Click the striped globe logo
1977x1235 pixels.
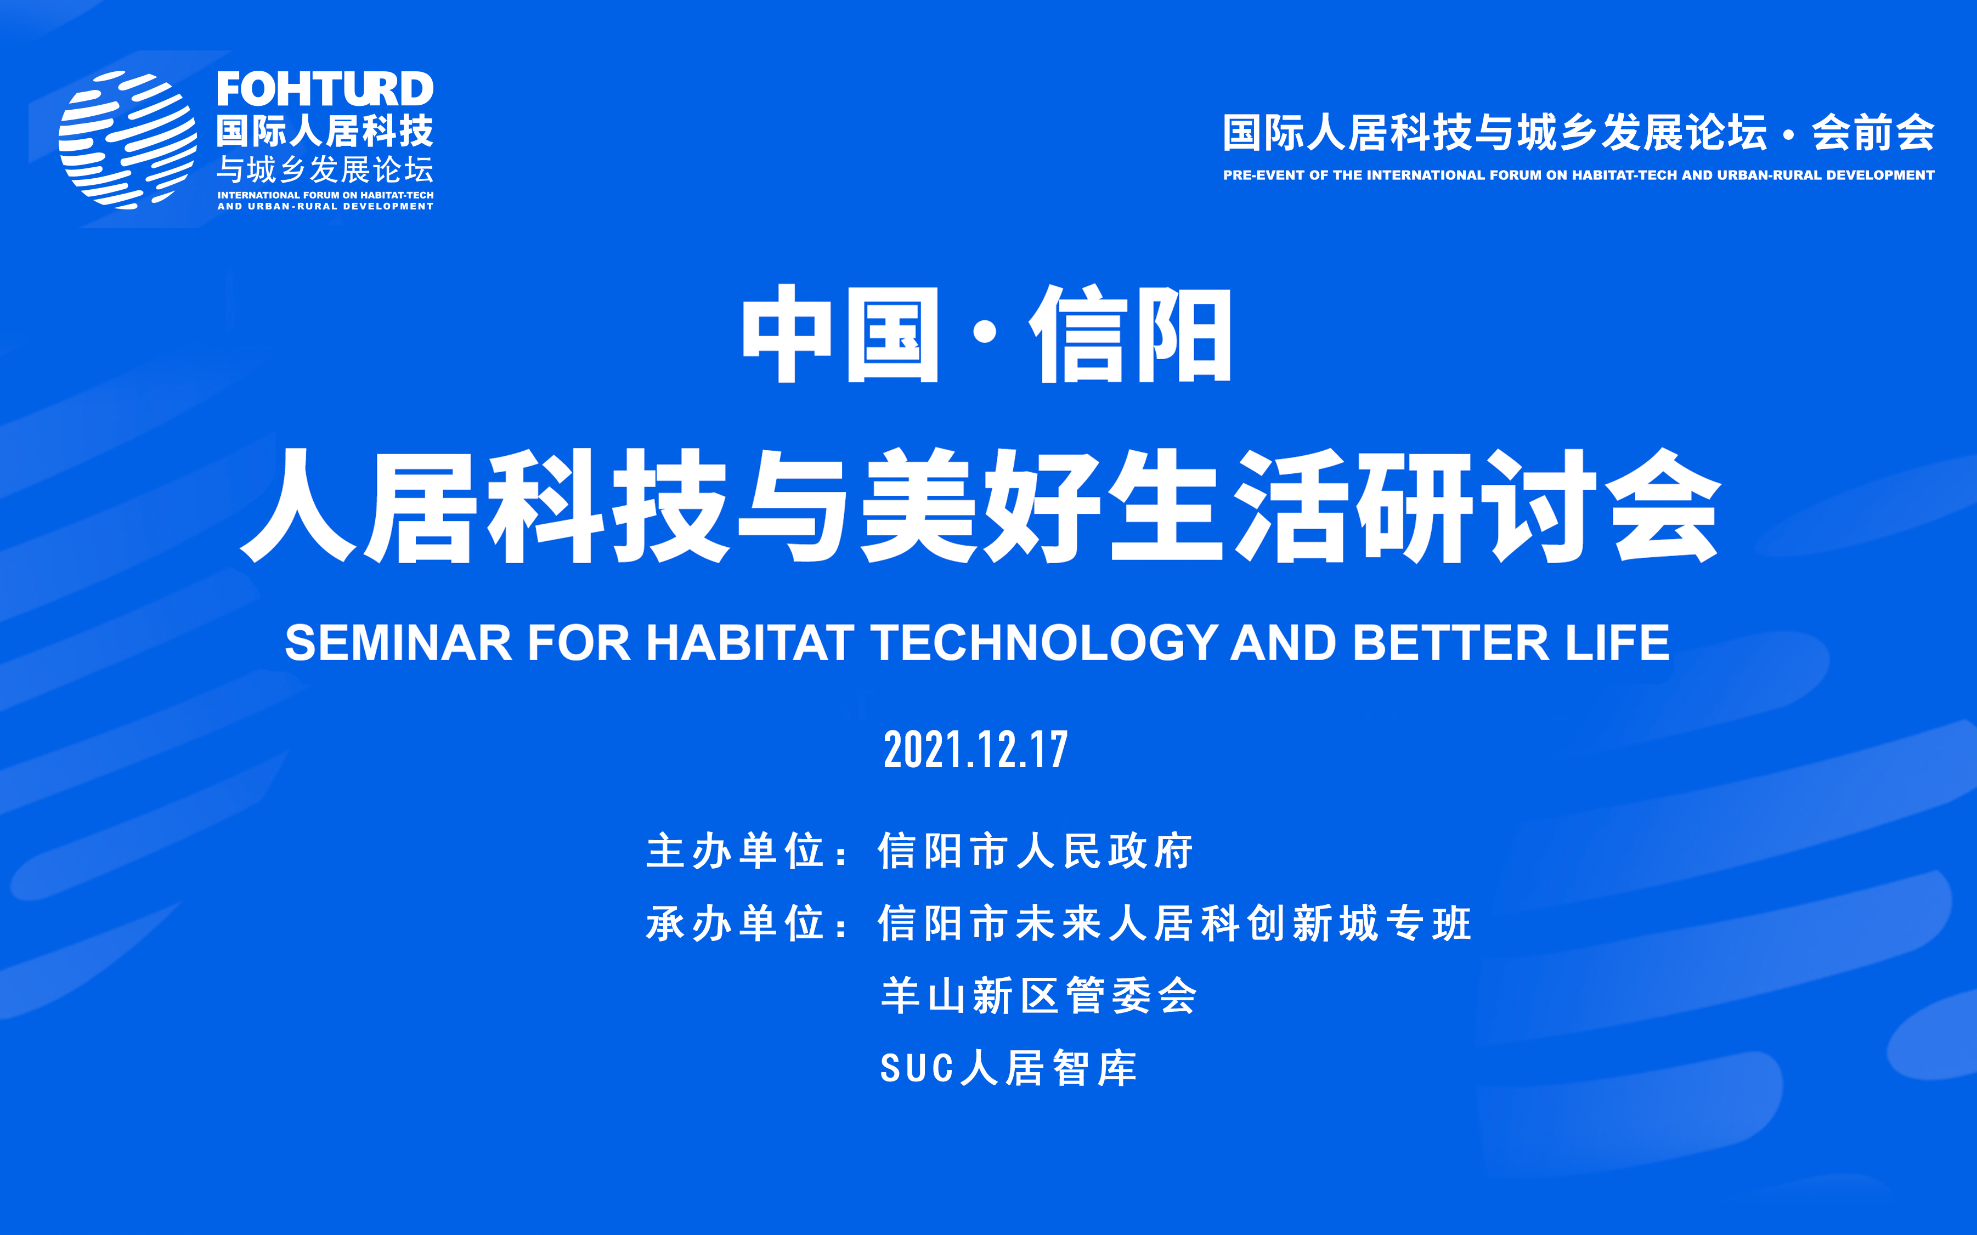tap(127, 139)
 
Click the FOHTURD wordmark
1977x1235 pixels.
tap(325, 89)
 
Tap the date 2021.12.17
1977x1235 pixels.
tap(976, 750)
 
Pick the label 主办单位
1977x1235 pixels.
tap(735, 851)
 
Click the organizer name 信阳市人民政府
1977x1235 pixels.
tap(1036, 851)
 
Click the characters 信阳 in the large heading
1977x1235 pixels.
tap(1130, 333)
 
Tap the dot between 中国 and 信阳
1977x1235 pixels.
tap(985, 332)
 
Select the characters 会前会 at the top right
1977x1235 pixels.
tap(1873, 132)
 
